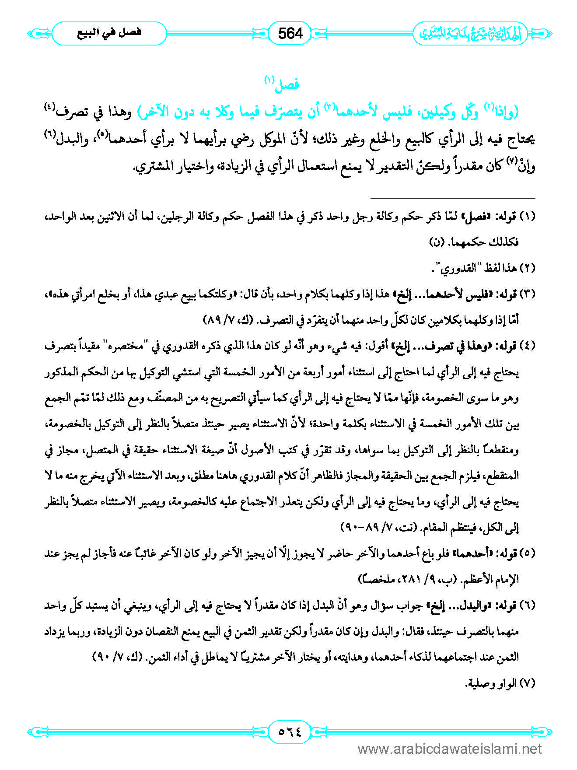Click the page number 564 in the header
[290, 33]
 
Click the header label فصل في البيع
[109, 33]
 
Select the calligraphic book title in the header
[470, 33]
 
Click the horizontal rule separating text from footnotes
[453, 198]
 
